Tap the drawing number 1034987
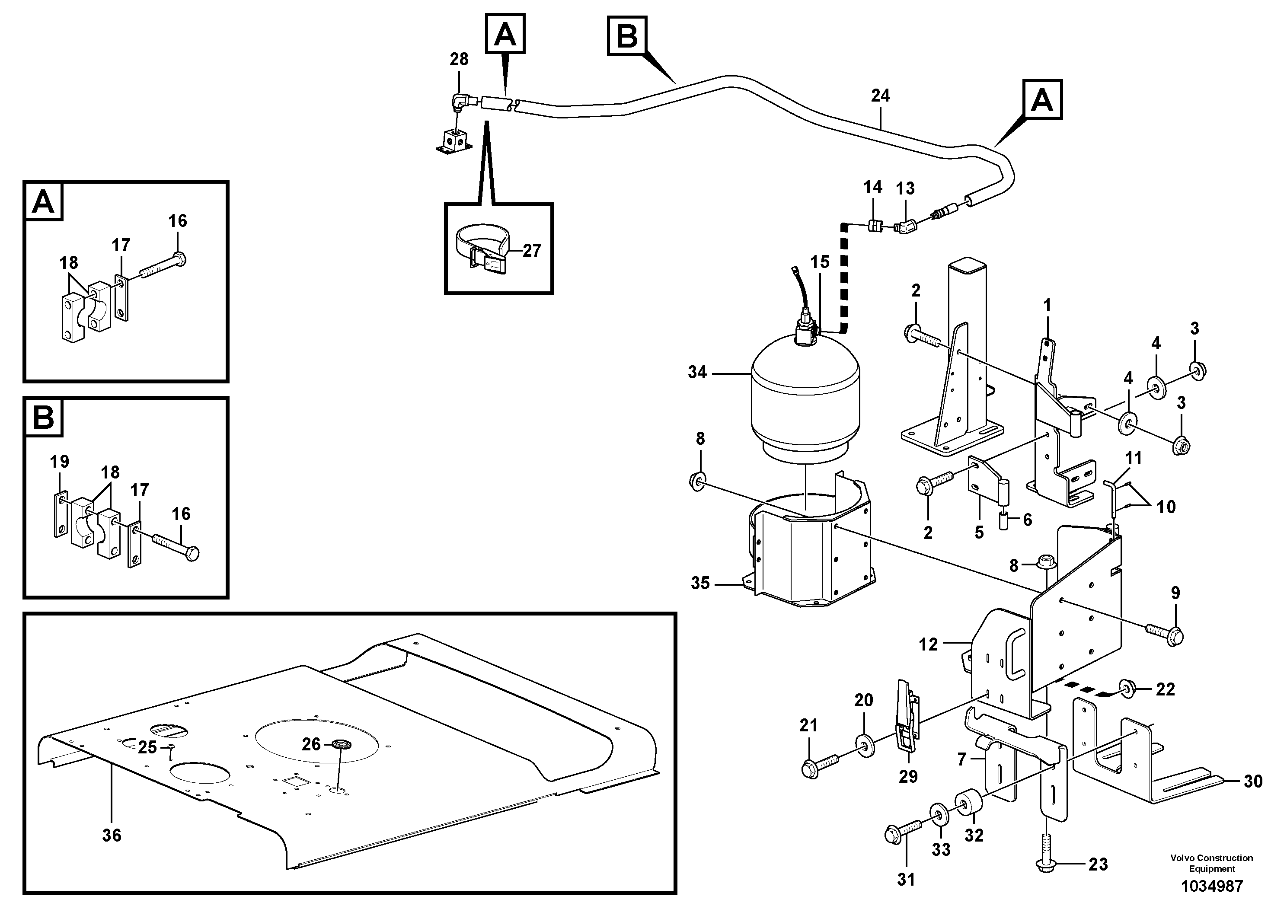click(1211, 887)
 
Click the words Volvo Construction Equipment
click(1211, 863)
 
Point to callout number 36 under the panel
click(112, 836)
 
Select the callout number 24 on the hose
click(880, 96)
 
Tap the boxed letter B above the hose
click(627, 36)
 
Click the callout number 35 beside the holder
click(700, 584)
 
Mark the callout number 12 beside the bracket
click(928, 644)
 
